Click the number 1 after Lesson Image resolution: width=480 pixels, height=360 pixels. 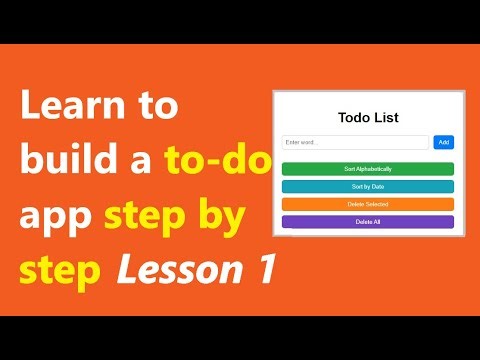point(262,270)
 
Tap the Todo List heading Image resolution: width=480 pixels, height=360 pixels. point(368,118)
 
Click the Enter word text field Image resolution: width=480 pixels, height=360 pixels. point(355,142)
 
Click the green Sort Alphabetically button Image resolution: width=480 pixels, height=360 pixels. point(368,169)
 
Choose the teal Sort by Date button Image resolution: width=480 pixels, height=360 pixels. point(368,187)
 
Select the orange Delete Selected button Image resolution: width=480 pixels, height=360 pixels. point(368,204)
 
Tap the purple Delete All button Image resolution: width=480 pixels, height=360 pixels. point(368,221)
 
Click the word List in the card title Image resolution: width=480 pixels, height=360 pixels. point(385,118)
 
